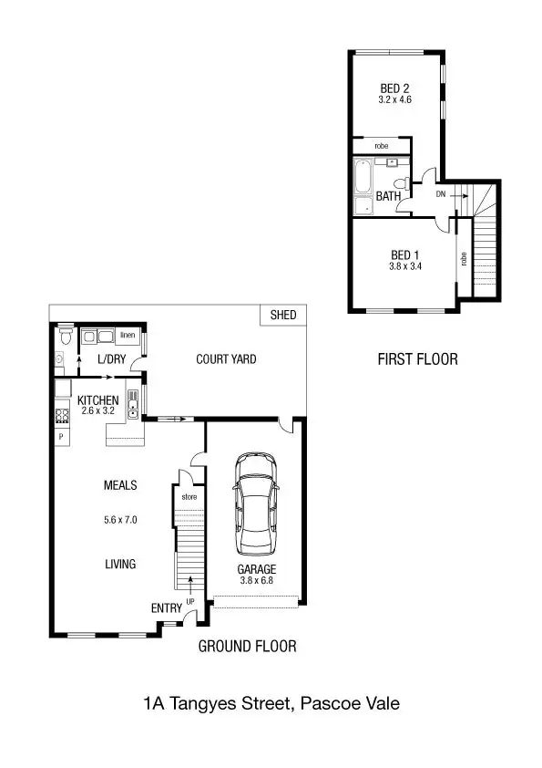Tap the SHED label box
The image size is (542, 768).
point(283,316)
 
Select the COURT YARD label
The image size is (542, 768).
point(226,358)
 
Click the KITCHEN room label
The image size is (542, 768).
point(97,400)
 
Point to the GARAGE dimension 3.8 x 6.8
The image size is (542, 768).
point(257,579)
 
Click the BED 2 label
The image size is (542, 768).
point(394,88)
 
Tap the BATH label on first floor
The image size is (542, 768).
point(389,196)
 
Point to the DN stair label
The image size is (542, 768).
point(441,194)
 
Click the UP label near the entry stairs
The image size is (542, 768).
point(190,601)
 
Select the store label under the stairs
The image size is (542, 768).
point(189,497)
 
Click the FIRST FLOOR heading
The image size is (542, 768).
point(417,359)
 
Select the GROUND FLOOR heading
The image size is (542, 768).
point(247,647)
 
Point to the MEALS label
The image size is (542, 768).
point(120,486)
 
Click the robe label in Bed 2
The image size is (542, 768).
point(382,146)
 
